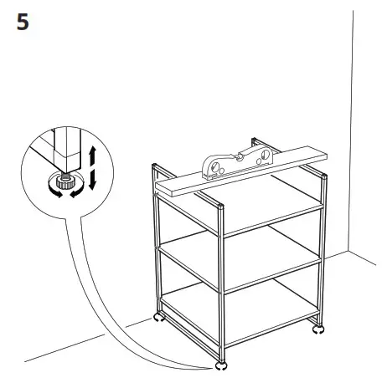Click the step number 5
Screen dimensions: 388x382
[23, 22]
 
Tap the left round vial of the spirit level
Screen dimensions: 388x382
[212, 168]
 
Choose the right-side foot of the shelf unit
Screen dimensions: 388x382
[318, 329]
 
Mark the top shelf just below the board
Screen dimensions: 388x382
[251, 205]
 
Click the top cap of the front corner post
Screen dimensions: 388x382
[219, 206]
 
